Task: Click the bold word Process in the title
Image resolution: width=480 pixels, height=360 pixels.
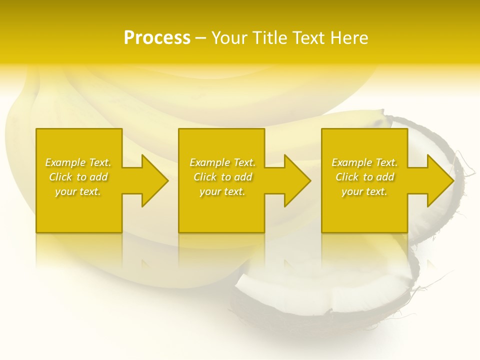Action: pos(157,38)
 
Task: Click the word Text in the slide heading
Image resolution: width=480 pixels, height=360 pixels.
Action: pos(309,38)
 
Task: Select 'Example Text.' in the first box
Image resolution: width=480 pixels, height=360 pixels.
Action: pos(78,162)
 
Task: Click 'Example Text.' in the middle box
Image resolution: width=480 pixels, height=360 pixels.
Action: pos(222,162)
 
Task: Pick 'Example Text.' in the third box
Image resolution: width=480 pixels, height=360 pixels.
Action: pos(364,162)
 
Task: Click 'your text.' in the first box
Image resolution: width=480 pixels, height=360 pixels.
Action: pos(78,191)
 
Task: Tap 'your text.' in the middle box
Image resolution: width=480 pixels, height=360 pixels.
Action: pos(222,191)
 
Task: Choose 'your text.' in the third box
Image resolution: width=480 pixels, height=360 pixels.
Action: pos(364,191)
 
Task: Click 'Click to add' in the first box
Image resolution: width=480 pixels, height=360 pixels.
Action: pos(78,177)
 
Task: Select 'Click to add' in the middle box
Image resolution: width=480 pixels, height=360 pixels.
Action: pos(222,177)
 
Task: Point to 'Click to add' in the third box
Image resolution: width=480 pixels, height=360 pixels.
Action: pos(364,177)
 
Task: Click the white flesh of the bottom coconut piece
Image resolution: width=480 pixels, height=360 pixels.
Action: pos(320,295)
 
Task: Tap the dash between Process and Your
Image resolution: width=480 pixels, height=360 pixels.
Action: pos(200,38)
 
